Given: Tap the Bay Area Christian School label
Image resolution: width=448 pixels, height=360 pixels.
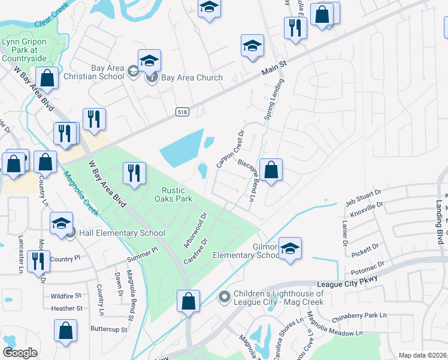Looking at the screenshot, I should tap(99, 73).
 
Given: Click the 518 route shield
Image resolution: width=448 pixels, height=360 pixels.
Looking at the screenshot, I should tap(182, 112).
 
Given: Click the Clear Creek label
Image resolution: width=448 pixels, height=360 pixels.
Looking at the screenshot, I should tap(53, 22).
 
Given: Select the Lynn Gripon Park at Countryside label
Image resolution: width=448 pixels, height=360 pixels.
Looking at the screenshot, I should tap(25, 50).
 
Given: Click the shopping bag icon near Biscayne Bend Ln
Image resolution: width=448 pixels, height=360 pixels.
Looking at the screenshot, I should tap(271, 170).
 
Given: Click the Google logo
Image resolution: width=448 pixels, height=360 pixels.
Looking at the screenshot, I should tap(20, 353).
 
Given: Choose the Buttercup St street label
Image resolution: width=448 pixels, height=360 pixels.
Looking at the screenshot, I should tap(109, 329).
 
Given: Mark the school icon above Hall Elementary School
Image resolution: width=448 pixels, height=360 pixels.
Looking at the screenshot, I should tap(61, 223).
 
